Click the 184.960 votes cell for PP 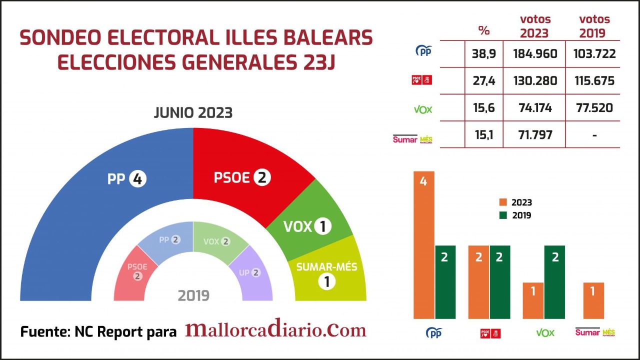(535, 54)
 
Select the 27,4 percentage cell (483, 81)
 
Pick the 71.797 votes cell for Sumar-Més (535, 135)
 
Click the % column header (483, 30)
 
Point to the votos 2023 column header (535, 26)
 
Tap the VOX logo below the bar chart (545, 333)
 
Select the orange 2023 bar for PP (423, 245)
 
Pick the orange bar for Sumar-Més (593, 300)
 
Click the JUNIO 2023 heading (193, 113)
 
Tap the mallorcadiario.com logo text (275, 330)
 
